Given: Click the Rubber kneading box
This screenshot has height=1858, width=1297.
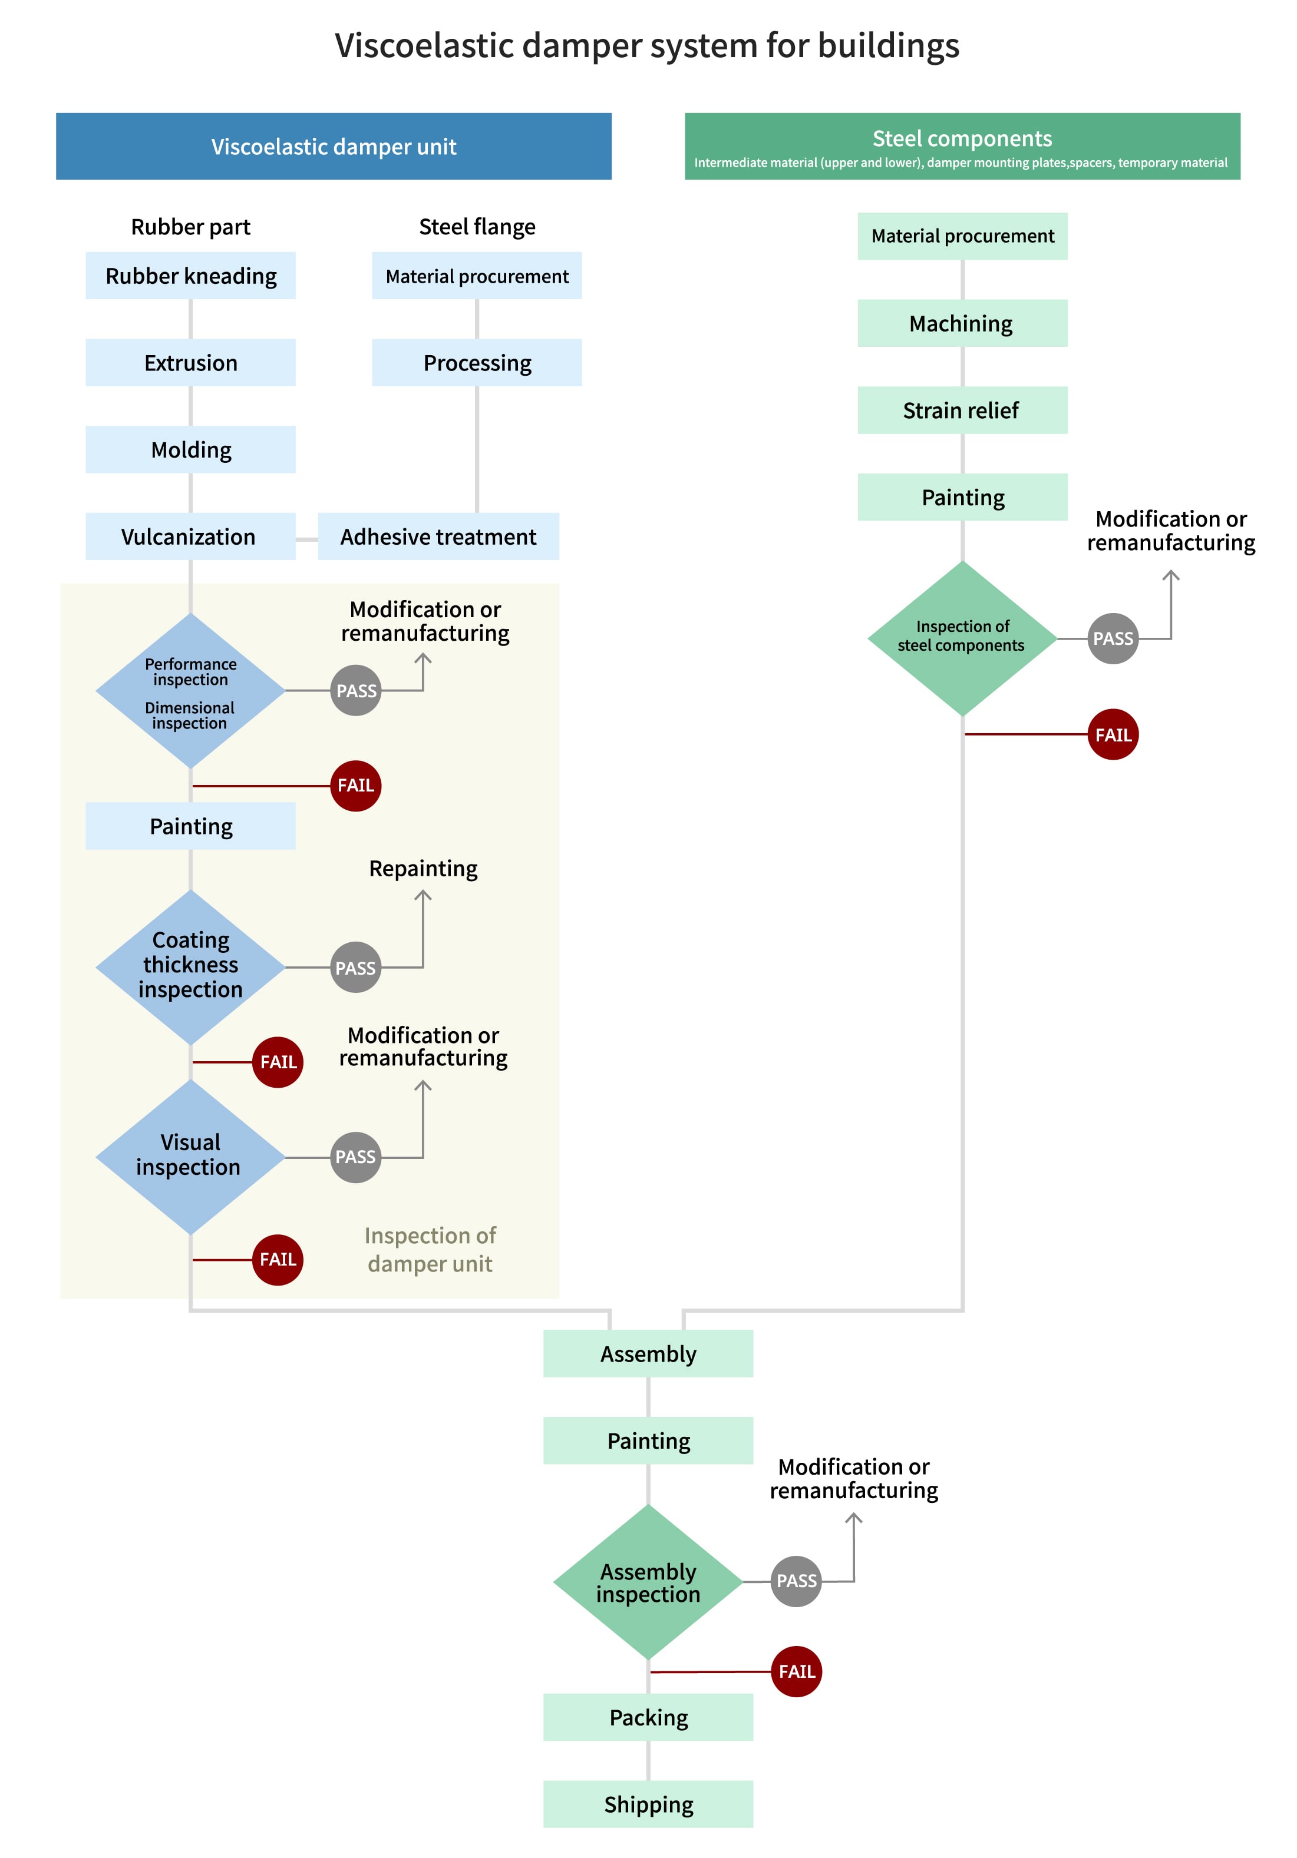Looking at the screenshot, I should (x=190, y=276).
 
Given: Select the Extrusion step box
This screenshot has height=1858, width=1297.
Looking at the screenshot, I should (x=190, y=363).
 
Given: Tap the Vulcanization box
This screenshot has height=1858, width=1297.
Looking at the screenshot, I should (x=190, y=536).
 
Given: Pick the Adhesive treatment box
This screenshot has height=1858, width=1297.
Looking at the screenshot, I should (x=438, y=536).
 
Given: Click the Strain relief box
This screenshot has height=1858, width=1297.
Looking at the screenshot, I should (x=962, y=410).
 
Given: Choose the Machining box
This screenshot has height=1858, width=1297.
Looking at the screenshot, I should (x=962, y=324).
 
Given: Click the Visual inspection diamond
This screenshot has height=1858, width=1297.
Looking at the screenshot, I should (x=190, y=1155).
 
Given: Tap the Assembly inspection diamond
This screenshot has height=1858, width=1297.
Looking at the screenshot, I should (x=648, y=1581).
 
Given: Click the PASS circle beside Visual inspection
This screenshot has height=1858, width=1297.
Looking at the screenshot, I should (x=355, y=1157).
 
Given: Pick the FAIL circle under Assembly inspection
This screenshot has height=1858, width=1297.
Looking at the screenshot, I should (x=796, y=1671).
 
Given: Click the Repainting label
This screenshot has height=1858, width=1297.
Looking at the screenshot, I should (x=423, y=868).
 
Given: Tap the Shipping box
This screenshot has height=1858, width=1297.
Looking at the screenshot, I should (x=648, y=1804).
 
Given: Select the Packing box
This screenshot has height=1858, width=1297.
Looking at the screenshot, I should (x=648, y=1717).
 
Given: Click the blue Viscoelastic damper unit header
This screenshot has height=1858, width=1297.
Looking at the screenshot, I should (x=334, y=147).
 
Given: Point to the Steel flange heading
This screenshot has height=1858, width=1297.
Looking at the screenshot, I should (x=477, y=227).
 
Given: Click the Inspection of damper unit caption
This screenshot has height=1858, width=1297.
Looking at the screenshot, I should (x=430, y=1250).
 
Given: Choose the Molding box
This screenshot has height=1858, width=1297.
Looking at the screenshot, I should (x=190, y=449).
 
